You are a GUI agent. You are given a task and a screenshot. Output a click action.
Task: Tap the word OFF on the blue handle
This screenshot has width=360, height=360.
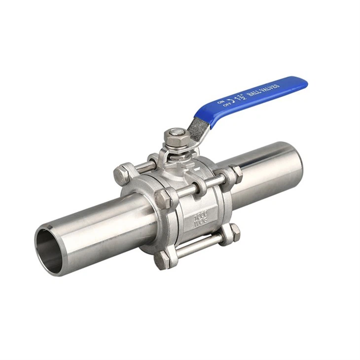228,105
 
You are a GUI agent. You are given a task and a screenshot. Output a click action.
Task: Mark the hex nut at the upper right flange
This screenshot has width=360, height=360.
235,174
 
